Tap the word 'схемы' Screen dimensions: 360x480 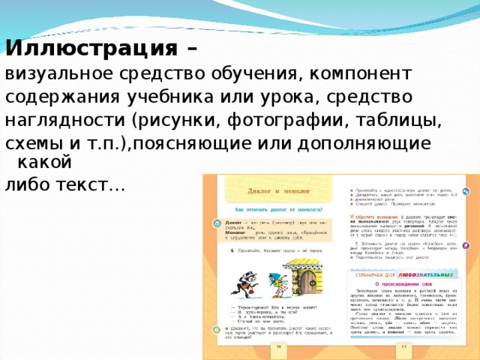pos(34,142)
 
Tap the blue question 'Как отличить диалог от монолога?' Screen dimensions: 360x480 pos(273,210)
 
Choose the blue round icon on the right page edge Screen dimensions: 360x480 pos(465,193)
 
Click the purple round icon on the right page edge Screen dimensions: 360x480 pos(465,247)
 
